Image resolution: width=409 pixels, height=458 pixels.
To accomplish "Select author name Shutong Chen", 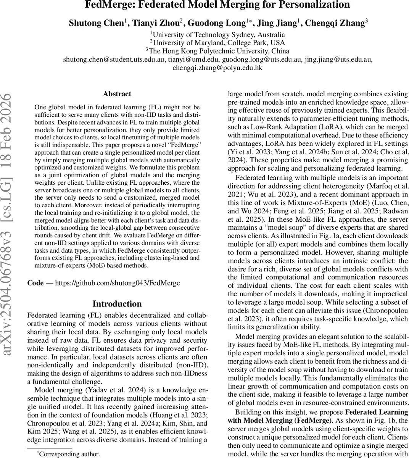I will [x=96, y=23].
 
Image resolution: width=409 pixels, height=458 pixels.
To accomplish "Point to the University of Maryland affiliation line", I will [x=217, y=42].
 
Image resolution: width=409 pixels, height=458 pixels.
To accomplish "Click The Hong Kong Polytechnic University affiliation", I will [x=217, y=51].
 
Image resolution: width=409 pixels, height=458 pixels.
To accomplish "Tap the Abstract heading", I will [x=117, y=94].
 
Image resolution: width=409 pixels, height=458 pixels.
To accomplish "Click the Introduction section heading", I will [x=117, y=304].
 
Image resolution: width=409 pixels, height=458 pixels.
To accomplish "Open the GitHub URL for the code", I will [x=118, y=283].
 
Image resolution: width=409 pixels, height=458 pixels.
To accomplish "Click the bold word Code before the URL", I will [x=35, y=283].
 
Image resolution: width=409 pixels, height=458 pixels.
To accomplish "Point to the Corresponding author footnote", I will [x=69, y=454].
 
